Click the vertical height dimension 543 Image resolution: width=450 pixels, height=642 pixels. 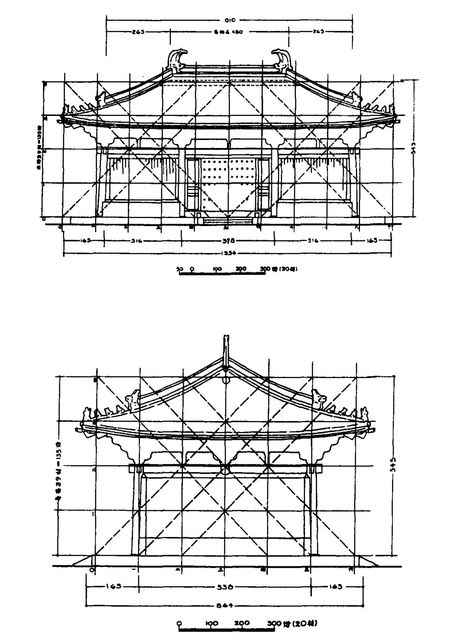(413, 149)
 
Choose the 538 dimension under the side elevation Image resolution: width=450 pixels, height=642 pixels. (226, 587)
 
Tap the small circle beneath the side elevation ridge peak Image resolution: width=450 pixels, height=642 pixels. (226, 380)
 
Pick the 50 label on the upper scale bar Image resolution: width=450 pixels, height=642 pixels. (180, 269)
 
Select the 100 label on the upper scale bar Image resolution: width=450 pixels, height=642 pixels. (217, 269)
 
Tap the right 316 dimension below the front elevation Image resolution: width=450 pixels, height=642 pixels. (312, 241)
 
